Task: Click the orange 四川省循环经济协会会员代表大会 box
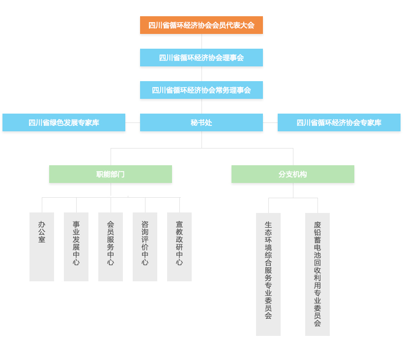coord(201,25)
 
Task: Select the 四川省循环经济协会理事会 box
coord(201,58)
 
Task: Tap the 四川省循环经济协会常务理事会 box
coord(201,90)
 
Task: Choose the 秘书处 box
coord(201,122)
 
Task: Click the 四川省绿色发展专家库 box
coord(64,122)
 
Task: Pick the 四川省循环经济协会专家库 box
coord(339,122)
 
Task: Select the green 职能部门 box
coord(111,174)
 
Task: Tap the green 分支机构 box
coord(292,174)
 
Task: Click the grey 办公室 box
coord(42,247)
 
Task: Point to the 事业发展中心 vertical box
coord(76,247)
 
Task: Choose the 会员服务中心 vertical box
coord(111,247)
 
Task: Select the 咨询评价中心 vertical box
coord(145,247)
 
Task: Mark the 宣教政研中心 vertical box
coord(179,247)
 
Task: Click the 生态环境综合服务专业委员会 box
coord(268,274)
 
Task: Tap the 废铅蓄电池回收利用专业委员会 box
coord(317,274)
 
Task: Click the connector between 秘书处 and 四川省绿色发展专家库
coord(133,122)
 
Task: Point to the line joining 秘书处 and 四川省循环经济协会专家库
coord(270,122)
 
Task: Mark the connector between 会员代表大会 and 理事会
coord(201,41)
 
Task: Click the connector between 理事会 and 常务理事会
coord(201,74)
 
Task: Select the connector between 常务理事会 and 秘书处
coord(201,106)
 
